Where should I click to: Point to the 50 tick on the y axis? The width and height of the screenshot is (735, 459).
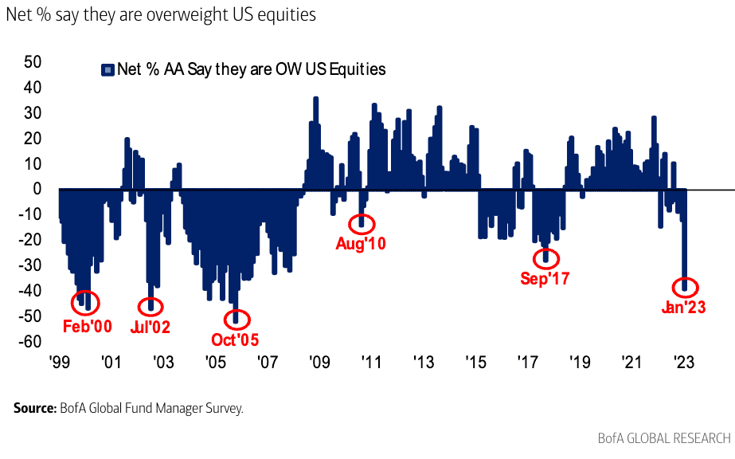(x=32, y=61)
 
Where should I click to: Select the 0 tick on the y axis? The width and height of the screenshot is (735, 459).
(x=37, y=189)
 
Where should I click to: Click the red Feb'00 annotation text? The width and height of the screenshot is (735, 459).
(x=88, y=326)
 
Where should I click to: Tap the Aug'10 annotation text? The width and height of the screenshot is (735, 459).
(x=361, y=244)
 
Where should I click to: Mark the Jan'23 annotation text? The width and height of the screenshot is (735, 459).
(x=683, y=307)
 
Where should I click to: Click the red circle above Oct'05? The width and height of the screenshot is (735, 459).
(x=236, y=319)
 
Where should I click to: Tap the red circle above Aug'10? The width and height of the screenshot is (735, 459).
(x=362, y=223)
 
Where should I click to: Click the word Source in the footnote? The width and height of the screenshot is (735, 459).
(x=34, y=408)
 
